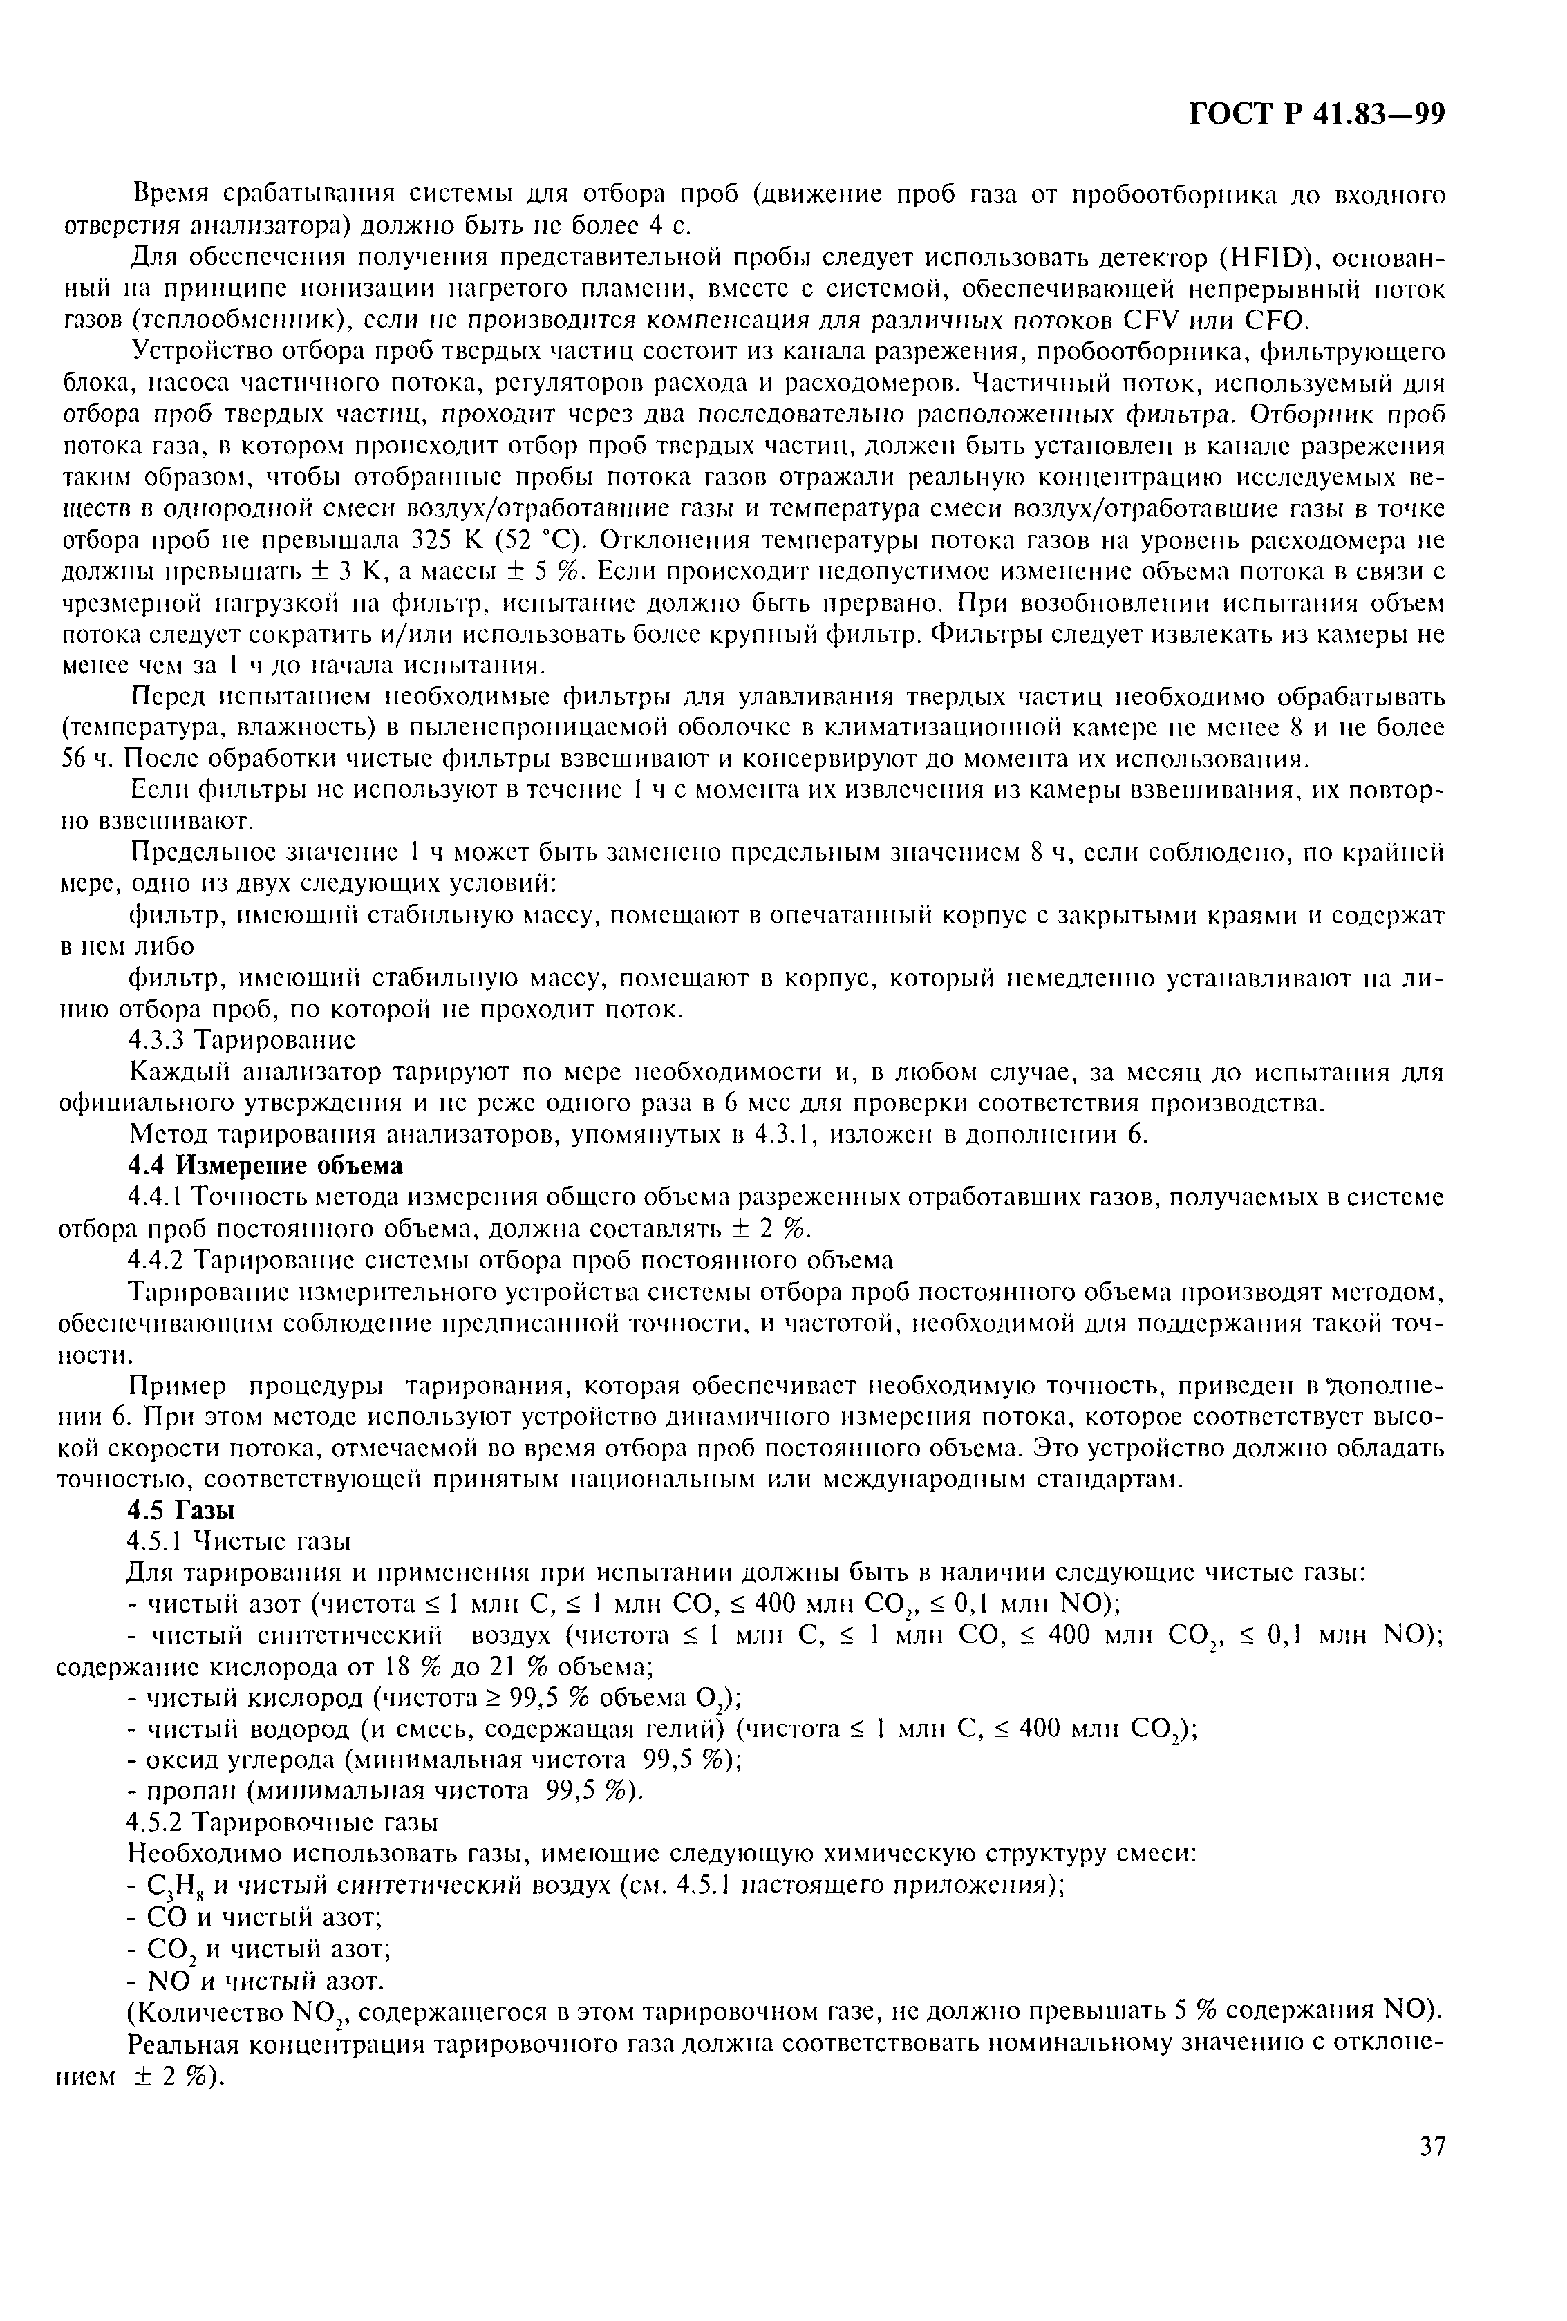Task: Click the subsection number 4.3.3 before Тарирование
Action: (x=157, y=1040)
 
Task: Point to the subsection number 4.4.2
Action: (x=157, y=1259)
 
